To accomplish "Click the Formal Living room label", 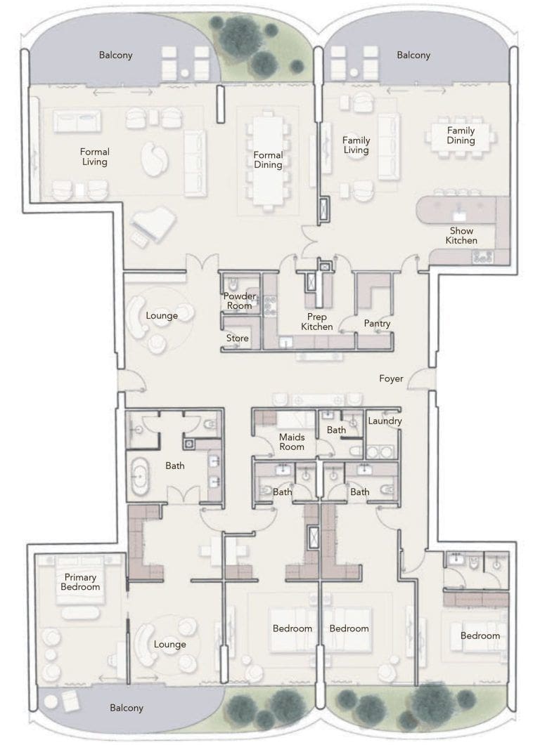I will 94,157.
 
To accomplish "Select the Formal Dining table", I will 267,160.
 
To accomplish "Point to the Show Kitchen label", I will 461,235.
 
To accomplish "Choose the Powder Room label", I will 239,301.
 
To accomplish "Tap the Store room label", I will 238,338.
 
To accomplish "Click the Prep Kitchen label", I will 317,322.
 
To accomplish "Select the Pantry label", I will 377,324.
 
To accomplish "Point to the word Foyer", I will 391,378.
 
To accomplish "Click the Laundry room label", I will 385,421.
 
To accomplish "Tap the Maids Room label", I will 292,442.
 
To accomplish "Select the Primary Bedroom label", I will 80,582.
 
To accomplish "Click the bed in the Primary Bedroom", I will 79,579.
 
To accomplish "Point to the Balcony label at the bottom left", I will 127,708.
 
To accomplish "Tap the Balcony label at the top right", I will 413,55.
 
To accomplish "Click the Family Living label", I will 356,145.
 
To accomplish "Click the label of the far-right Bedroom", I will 480,635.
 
